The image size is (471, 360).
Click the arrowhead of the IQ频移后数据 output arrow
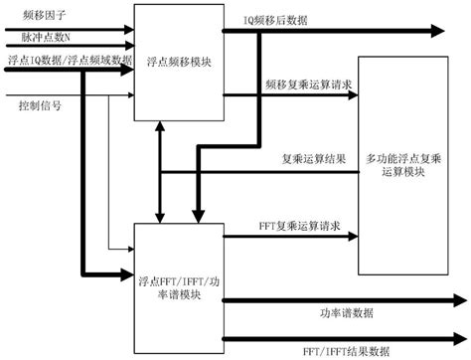[459, 32]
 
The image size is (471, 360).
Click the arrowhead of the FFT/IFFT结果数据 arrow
[460, 338]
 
